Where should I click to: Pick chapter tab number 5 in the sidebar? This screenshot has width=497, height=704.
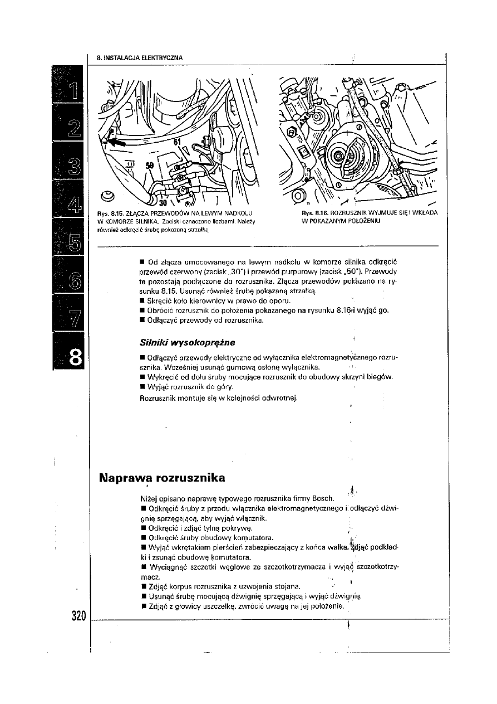pos(74,242)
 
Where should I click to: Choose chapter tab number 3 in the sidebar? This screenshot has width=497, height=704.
pos(74,167)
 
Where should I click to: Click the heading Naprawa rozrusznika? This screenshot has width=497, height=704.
pos(162,478)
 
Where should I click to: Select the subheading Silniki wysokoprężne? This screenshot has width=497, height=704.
pos(183,341)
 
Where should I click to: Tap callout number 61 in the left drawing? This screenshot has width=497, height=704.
pos(177,143)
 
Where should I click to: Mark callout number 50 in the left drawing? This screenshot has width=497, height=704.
pos(150,166)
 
